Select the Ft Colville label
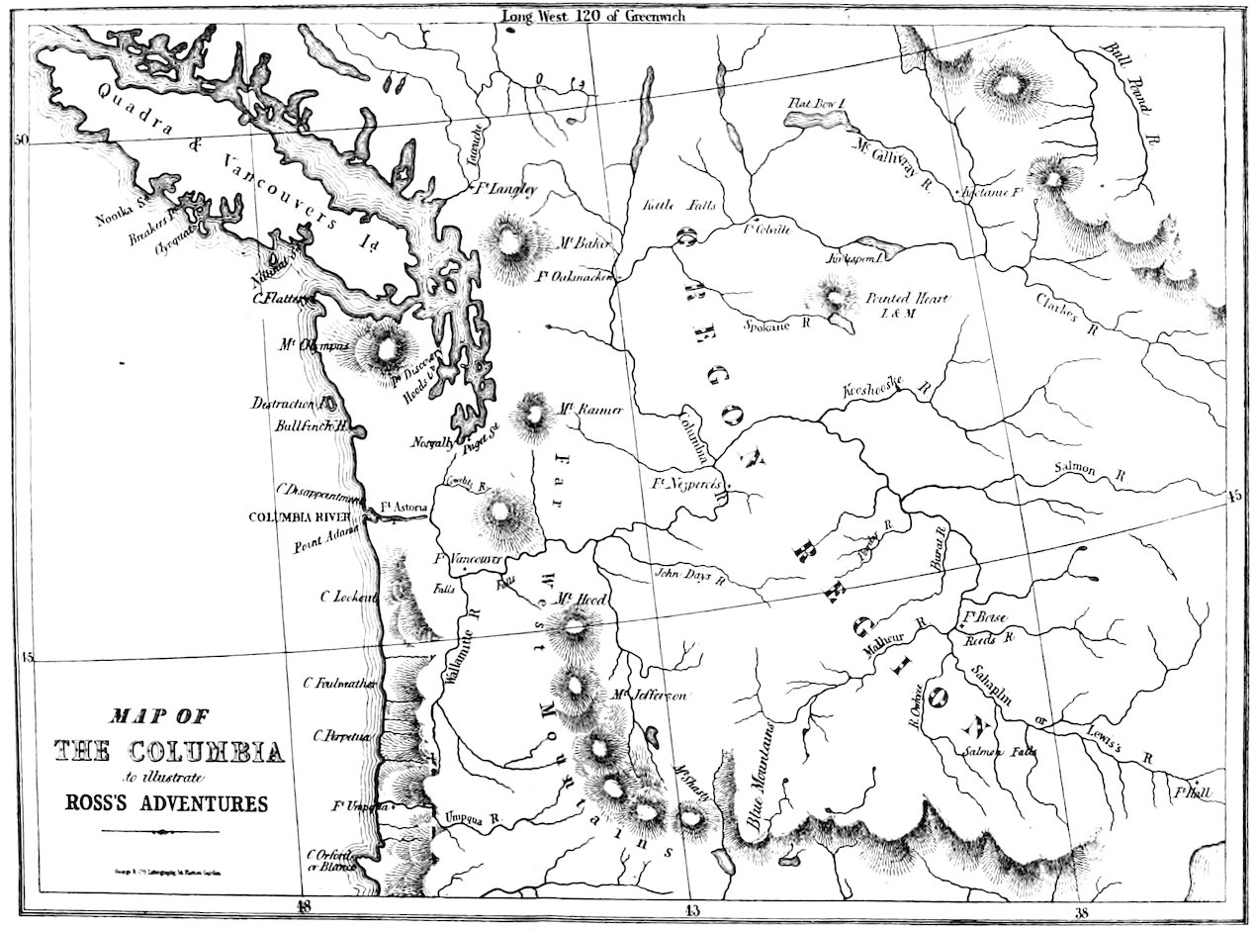766,228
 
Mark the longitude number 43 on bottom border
686,907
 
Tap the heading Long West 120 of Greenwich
592,15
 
